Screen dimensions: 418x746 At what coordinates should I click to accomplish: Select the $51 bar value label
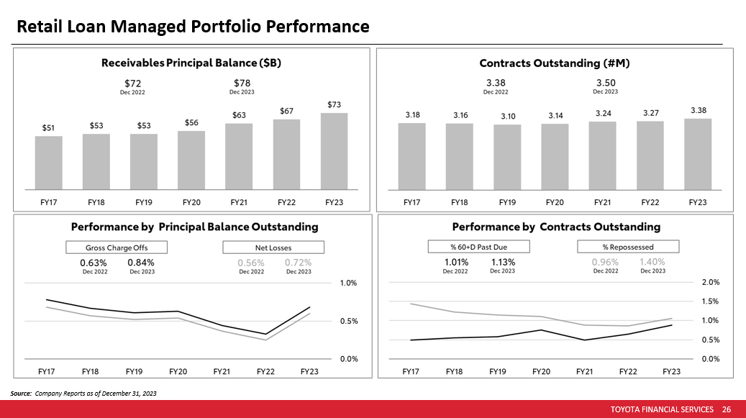pyautogui.click(x=48, y=128)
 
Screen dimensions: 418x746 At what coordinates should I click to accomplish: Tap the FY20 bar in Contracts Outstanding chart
pyautogui.click(x=555, y=155)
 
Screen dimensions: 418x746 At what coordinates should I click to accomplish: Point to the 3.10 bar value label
pyautogui.click(x=507, y=117)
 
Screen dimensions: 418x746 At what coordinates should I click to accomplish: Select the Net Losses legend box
pyautogui.click(x=273, y=247)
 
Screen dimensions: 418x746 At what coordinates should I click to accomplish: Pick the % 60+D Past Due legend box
pyautogui.click(x=478, y=247)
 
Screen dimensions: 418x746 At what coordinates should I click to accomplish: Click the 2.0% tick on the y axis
pyautogui.click(x=710, y=283)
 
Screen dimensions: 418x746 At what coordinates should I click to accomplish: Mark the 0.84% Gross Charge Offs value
pyautogui.click(x=140, y=263)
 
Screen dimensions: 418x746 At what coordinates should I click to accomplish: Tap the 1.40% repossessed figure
pyautogui.click(x=652, y=263)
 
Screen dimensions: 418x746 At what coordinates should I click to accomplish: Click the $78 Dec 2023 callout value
pyautogui.click(x=242, y=83)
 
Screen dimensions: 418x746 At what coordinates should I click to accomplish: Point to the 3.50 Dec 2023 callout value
pyautogui.click(x=605, y=83)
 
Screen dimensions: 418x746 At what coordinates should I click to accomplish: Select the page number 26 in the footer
pyautogui.click(x=726, y=409)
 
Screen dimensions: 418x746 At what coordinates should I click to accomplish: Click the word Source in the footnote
pyautogui.click(x=20, y=394)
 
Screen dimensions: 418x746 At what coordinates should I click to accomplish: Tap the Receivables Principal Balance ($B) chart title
pyautogui.click(x=191, y=63)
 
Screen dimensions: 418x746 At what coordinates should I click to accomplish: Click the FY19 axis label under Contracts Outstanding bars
pyautogui.click(x=507, y=203)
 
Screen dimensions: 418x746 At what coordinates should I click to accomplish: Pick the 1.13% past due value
pyautogui.click(x=503, y=263)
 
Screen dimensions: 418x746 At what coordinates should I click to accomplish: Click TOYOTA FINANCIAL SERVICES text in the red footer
pyautogui.click(x=662, y=409)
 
